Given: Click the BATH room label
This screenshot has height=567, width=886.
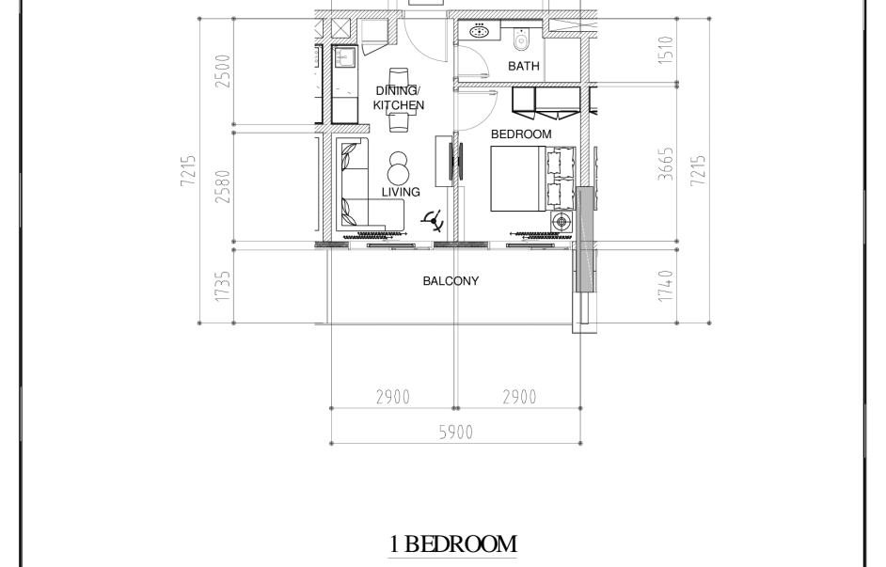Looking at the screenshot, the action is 524,66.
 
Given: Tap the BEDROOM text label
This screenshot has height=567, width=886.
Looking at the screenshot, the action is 521,134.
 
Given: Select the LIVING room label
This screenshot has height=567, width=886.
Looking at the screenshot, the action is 401,192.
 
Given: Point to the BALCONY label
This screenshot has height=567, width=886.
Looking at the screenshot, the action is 451,281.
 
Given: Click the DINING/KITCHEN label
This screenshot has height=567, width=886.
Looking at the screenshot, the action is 399,98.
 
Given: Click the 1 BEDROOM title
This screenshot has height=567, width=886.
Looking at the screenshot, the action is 453,543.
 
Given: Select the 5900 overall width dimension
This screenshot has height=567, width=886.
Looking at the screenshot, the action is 456,433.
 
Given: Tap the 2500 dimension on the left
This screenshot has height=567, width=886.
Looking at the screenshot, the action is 223,71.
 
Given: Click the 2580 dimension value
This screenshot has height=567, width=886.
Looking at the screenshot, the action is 223,187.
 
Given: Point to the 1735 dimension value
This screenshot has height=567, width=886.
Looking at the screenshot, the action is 223,286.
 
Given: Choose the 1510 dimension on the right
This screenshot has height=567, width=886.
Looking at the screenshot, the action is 666,50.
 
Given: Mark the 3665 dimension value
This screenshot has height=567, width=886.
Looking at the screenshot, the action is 666,164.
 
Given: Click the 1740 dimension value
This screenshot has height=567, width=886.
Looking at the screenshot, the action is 666,286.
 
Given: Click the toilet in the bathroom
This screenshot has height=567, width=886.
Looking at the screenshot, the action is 521,39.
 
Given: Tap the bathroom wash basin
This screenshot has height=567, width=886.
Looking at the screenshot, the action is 480,30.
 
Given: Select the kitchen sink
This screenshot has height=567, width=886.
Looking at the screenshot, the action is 344,57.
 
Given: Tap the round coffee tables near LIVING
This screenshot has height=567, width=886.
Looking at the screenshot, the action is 399,167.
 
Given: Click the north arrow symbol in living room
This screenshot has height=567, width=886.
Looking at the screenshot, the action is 433,221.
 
